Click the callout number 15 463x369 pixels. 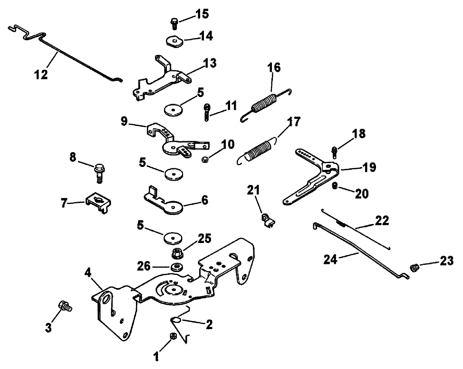(202, 14)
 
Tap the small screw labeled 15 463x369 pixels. (174, 23)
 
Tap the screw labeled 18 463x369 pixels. (335, 152)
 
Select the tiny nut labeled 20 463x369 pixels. (335, 185)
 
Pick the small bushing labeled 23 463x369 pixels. (413, 269)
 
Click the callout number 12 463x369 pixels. (42, 75)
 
